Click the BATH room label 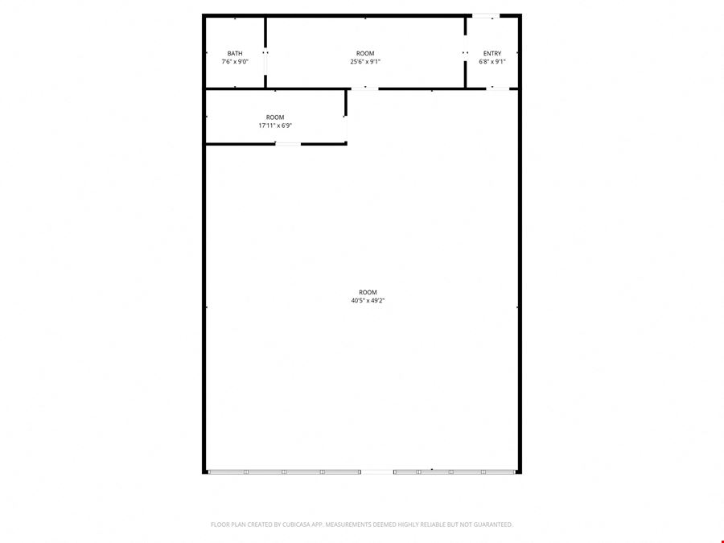coord(235,54)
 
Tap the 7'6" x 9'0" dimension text coord(235,61)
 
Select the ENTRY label coord(492,54)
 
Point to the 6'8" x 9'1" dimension coord(492,61)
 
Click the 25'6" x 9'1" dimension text coord(365,61)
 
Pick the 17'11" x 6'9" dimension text coord(275,125)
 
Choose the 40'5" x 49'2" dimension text coord(368,301)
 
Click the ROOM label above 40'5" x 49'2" coord(368,292)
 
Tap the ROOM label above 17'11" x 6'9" coord(275,117)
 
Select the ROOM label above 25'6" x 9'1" coord(365,54)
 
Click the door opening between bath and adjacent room coord(265,64)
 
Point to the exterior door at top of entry coord(486,16)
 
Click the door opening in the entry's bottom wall coord(498,88)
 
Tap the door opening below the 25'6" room coord(364,88)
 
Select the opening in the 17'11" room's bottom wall coord(288,144)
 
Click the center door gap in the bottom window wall coord(376,472)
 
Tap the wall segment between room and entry coord(465,52)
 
